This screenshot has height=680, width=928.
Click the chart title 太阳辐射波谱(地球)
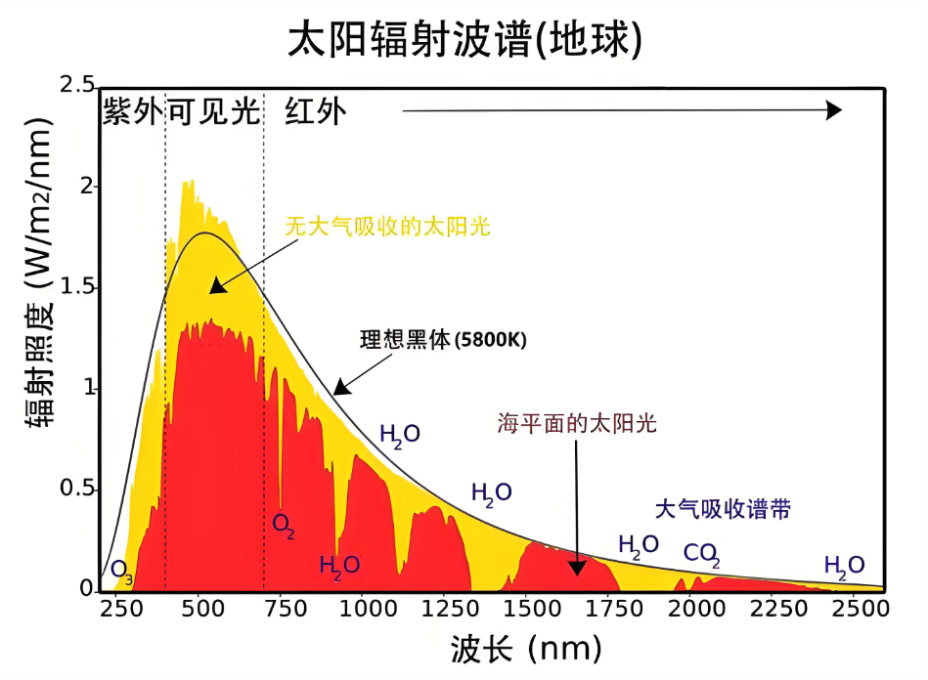point(464,40)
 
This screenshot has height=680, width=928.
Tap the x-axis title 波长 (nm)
point(525,647)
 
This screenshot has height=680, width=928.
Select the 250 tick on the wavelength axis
point(116,608)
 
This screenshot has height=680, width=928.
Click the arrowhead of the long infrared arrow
point(833,110)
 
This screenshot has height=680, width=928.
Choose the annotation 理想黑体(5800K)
point(443,341)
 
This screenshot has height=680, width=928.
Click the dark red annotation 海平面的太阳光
point(577,423)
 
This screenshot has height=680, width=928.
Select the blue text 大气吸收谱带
point(723,509)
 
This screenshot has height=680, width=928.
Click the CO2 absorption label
point(701,555)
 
